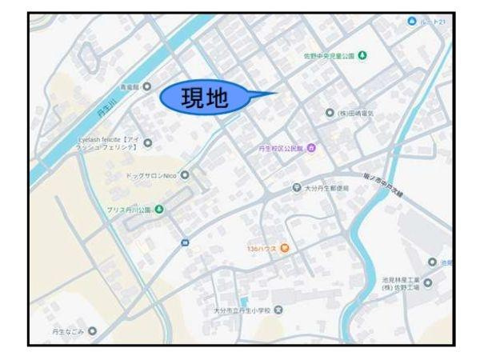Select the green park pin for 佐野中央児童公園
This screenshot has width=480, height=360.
point(362,55)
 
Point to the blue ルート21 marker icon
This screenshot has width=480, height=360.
point(412,21)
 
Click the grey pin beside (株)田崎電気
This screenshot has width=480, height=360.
point(330,114)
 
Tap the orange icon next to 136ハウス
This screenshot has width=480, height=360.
point(283,248)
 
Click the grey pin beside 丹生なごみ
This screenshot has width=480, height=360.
point(92,330)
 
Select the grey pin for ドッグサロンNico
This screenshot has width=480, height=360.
point(185,174)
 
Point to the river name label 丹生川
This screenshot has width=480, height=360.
point(108,117)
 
